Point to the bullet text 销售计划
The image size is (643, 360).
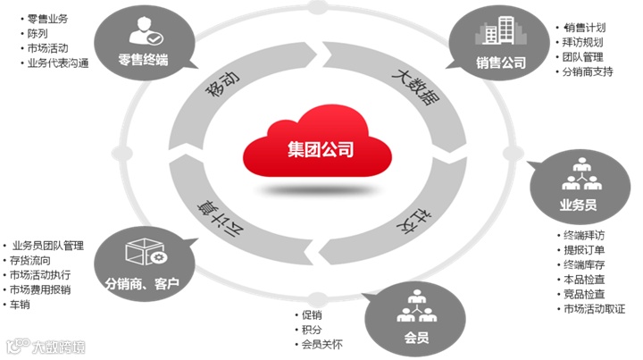(x=584, y=27)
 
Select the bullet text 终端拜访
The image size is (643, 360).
(x=586, y=236)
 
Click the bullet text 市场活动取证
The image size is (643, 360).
(x=595, y=309)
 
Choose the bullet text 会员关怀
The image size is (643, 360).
(x=322, y=345)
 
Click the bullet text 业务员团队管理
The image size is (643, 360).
(x=48, y=244)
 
